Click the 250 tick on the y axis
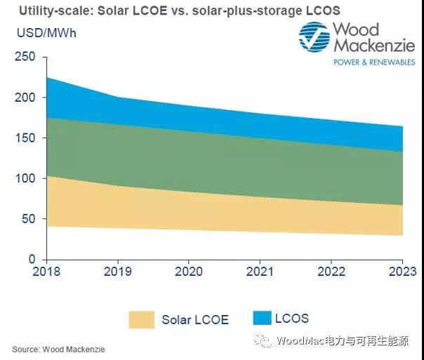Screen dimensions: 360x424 (x=25, y=58)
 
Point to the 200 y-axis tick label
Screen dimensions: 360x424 (x=25, y=98)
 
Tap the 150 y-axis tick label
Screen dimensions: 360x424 (x=25, y=138)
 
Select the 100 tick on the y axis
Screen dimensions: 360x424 (x=25, y=178)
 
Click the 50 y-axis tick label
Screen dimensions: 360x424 (x=28, y=219)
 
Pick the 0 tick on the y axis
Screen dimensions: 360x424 (x=32, y=259)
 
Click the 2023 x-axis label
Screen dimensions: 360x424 (x=402, y=272)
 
